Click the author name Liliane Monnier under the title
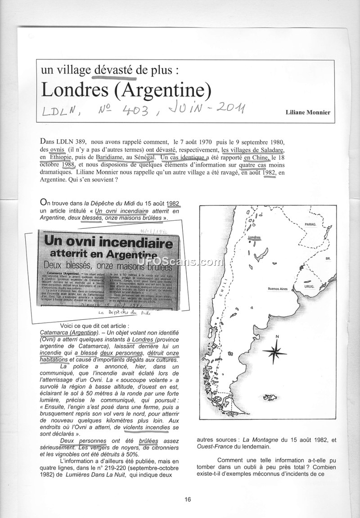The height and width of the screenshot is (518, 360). pos(308,112)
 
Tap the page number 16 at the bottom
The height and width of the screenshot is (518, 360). pos(188,499)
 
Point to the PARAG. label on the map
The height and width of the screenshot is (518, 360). pos(310,224)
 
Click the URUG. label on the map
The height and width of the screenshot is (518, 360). pos(309,286)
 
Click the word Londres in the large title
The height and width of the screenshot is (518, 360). pos(73,90)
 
